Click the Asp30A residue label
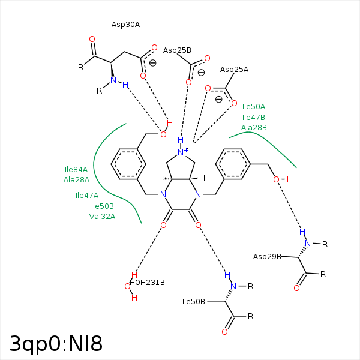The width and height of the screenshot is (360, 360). tap(125, 25)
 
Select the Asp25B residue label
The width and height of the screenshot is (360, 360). tap(177, 50)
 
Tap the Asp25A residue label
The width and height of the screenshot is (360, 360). tap(234, 70)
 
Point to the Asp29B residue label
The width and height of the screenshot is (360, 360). tap(267, 257)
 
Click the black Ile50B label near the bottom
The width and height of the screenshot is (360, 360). tap(194, 301)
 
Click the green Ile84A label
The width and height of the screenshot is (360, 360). tap(76, 170)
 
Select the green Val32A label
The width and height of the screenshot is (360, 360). tap(102, 217)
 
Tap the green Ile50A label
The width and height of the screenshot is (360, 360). tap(254, 106)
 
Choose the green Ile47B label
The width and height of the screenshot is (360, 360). tap(254, 117)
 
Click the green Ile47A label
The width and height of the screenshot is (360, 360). tap(87, 195)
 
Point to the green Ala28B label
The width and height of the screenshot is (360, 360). tap(254, 127)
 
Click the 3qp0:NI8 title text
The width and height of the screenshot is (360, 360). tap(56, 344)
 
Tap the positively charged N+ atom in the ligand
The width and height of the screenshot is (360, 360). tap(182, 153)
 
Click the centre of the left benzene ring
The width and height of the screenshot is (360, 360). tap(128, 163)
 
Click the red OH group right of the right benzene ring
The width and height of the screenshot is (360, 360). tap(283, 179)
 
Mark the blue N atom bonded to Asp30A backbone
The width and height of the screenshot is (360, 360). tap(113, 80)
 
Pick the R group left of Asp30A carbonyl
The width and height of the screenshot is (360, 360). tap(81, 67)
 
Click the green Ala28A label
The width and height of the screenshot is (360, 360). tap(76, 179)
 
